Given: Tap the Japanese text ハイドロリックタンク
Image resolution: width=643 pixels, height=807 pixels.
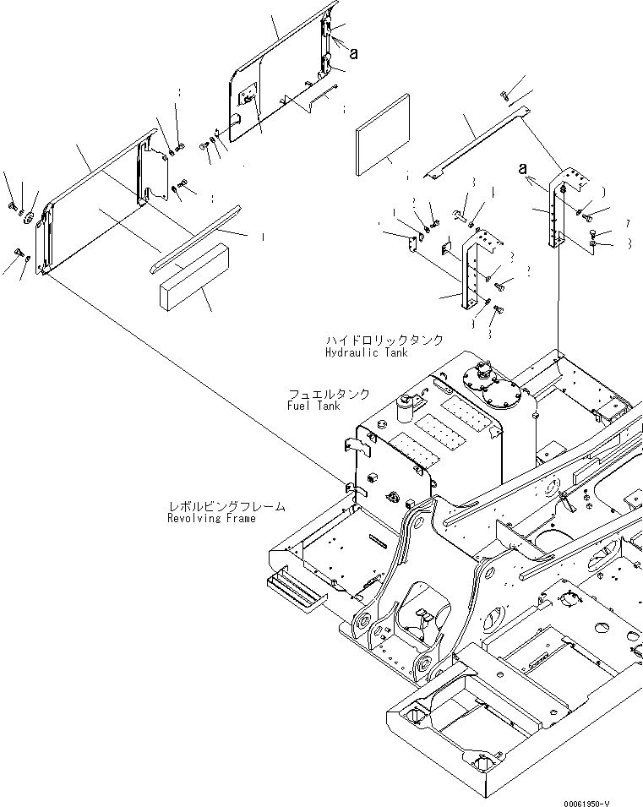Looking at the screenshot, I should click(384, 340).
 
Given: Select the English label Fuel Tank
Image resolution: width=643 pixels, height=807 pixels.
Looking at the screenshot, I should click(313, 406).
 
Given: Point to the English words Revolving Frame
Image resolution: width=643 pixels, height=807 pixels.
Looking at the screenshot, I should click(211, 518).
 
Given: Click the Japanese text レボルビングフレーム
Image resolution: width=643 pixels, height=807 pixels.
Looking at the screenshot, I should click(226, 506).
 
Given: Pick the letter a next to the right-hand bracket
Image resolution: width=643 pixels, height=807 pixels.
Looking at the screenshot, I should click(524, 167).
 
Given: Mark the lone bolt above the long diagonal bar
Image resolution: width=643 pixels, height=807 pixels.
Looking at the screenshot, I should click(504, 95).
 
